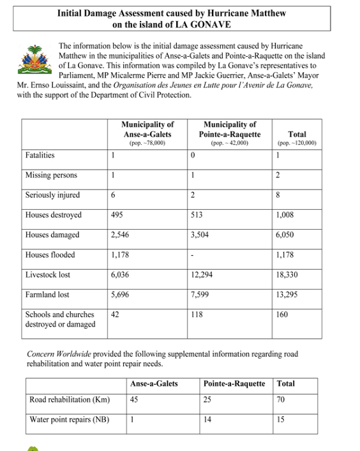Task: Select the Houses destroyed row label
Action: pyautogui.click(x=53, y=216)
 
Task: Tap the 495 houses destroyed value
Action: pyautogui.click(x=117, y=216)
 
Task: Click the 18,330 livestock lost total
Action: pyautogui.click(x=288, y=276)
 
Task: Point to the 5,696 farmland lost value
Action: pyautogui.click(x=121, y=295)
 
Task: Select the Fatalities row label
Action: pyautogui.click(x=40, y=155)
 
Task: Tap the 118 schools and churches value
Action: pyautogui.click(x=197, y=314)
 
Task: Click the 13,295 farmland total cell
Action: pyautogui.click(x=288, y=295)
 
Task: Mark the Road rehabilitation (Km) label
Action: pyautogui.click(x=70, y=401)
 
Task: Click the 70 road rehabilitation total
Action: pyautogui.click(x=281, y=401)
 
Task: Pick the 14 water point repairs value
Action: pyautogui.click(x=207, y=420)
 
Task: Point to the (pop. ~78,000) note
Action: pyautogui.click(x=147, y=144)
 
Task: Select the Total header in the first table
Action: pyautogui.click(x=297, y=135)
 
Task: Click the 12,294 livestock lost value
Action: pyautogui.click(x=203, y=276)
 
